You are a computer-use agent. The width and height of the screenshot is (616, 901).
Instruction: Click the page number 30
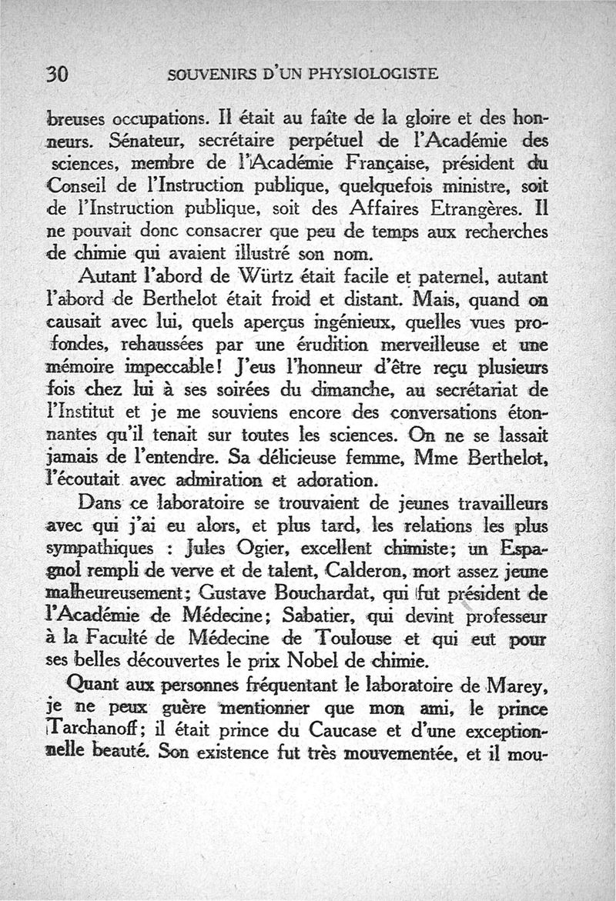[59, 75]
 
